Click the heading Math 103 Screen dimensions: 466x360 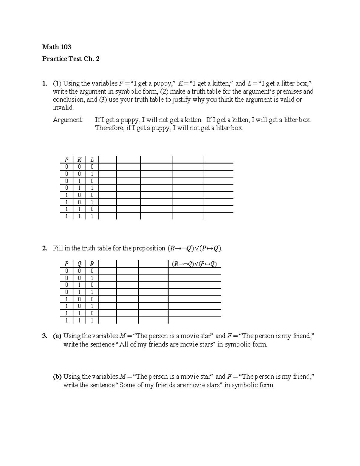pyautogui.click(x=57, y=47)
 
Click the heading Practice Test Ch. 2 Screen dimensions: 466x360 pyautogui.click(x=71, y=59)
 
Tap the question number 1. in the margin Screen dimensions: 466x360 pyautogui.click(x=44, y=83)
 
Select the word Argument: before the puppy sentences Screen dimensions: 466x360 pyautogui.click(x=68, y=120)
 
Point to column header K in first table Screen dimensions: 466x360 pyautogui.click(x=79, y=160)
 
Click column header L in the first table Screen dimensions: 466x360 pyautogui.click(x=92, y=160)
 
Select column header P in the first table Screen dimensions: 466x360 pyautogui.click(x=66, y=160)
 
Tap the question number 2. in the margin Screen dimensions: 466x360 pyautogui.click(x=44, y=248)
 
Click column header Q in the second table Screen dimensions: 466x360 pyautogui.click(x=79, y=264)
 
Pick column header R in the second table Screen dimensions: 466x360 pyautogui.click(x=92, y=264)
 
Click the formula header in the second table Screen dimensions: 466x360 pyautogui.click(x=194, y=264)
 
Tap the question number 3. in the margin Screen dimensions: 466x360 pyautogui.click(x=44, y=336)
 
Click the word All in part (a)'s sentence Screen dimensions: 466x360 pyautogui.click(x=124, y=344)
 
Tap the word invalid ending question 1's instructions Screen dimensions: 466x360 pyautogui.click(x=63, y=108)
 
